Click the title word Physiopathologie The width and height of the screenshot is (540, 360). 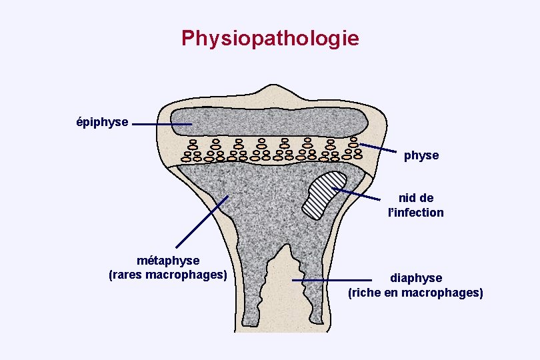coord(270,38)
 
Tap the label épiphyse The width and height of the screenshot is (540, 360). coord(102,122)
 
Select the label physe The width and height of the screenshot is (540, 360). coord(421,155)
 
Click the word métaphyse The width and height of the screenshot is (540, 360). coord(167,260)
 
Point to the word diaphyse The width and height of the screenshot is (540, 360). coord(416,278)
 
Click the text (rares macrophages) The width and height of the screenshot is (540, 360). coord(167,275)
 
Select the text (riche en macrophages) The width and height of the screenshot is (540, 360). coord(416,293)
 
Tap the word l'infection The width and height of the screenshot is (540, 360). coord(416,213)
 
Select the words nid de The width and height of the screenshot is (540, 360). coord(416,198)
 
